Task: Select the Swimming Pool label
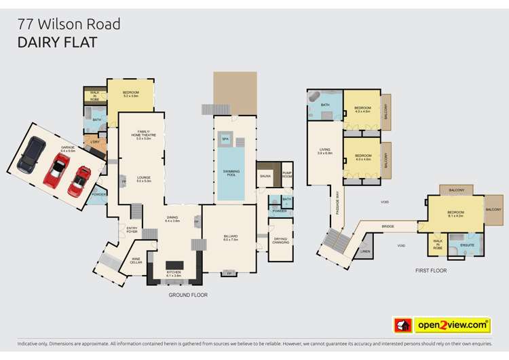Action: coord(230,173)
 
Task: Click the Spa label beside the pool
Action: coord(225,139)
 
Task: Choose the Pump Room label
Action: coord(287,174)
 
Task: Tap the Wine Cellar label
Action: coord(136,260)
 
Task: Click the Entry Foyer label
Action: coord(132,230)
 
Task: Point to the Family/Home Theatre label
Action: coord(143,134)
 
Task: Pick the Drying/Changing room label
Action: coord(280,240)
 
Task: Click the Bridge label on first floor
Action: coord(388,226)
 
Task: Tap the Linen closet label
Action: coord(366,252)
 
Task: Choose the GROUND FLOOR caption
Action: coord(188,295)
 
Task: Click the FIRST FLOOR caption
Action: coord(430,270)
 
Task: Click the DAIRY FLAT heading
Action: coord(57,42)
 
